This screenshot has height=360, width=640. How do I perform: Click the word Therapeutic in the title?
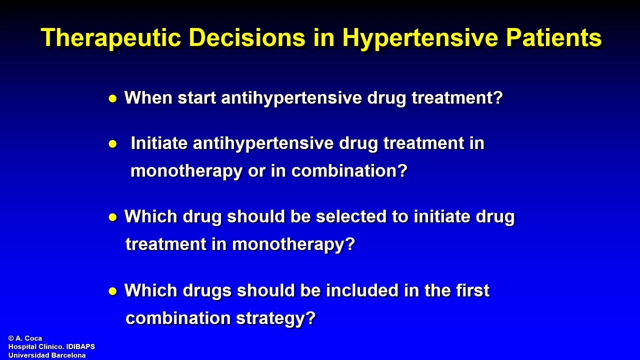pos(111,37)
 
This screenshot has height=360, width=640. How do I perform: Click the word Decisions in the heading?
pos(247,37)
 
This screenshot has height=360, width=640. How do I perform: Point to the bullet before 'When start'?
pos(113,99)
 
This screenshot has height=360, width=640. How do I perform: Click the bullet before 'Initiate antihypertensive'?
pos(113,143)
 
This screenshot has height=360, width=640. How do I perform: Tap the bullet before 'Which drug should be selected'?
pos(113,217)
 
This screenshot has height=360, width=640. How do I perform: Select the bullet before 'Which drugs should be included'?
pos(113,291)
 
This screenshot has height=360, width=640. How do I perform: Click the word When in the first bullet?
pos(148,97)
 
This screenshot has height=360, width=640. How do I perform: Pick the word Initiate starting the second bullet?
pos(159,142)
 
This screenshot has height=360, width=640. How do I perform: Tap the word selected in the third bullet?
pos(351,216)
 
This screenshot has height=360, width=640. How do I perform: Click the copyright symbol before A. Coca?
pos(11,338)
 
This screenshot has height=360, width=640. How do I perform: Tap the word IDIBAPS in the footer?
pos(80,347)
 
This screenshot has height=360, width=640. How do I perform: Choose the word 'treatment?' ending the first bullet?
pos(457,97)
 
